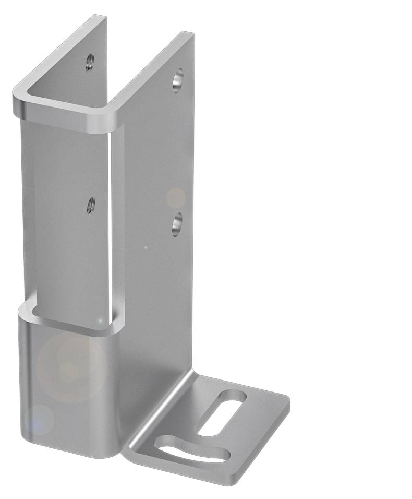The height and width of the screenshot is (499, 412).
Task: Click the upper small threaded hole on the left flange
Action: point(90,63)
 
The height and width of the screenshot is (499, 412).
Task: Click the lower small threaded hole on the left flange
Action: point(91,205)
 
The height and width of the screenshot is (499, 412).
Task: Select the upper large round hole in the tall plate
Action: point(178,79)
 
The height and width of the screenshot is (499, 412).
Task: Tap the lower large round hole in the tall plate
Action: point(178,224)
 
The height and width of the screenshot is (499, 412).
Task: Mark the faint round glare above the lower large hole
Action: point(176,198)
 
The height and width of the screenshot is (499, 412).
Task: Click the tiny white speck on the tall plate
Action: point(146,247)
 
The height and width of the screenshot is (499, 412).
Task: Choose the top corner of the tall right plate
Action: point(189,35)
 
